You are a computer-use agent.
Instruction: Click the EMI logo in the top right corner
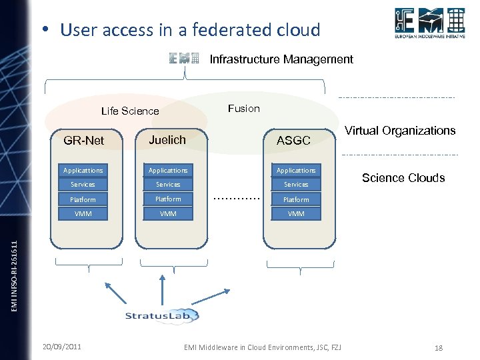click(x=429, y=25)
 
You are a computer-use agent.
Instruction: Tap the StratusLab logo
click(x=162, y=315)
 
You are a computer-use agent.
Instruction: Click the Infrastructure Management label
click(x=281, y=59)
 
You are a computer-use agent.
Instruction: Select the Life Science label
click(x=130, y=111)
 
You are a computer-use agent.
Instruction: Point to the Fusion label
click(x=244, y=108)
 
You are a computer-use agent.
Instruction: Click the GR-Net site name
click(x=83, y=141)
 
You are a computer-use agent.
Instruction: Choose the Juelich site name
click(x=167, y=139)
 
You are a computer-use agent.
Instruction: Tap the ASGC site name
click(x=293, y=141)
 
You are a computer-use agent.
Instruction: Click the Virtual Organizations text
click(x=400, y=131)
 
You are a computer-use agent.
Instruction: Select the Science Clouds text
click(x=403, y=178)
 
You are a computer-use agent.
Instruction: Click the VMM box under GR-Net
click(x=83, y=214)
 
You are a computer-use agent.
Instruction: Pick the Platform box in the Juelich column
click(x=168, y=199)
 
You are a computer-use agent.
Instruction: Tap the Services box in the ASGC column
click(x=296, y=185)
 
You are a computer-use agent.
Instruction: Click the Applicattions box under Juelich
click(x=168, y=171)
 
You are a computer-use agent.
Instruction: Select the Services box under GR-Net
click(x=83, y=185)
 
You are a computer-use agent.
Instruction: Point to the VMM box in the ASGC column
click(x=296, y=214)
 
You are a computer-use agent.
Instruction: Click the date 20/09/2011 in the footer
click(x=62, y=347)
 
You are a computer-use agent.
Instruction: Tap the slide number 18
click(x=438, y=348)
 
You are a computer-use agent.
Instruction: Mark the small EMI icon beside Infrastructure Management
click(x=184, y=59)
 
